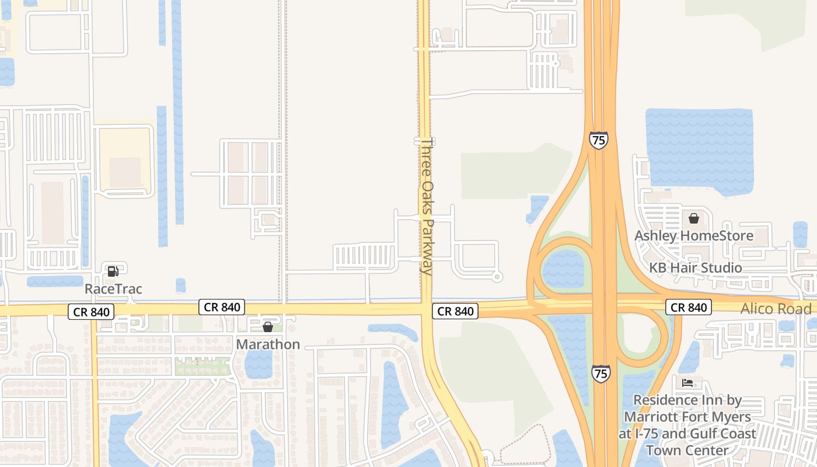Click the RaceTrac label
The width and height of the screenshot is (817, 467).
(x=113, y=289)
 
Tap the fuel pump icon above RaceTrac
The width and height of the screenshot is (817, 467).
(x=113, y=271)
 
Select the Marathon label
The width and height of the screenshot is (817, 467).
(x=268, y=344)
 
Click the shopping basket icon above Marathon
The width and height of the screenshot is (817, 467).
(x=268, y=327)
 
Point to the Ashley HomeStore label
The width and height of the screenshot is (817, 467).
(x=694, y=236)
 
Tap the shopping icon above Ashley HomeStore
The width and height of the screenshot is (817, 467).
(x=694, y=218)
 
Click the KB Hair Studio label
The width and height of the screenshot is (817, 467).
(x=696, y=268)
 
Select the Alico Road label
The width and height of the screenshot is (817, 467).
(x=776, y=309)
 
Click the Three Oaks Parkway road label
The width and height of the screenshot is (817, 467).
(x=427, y=206)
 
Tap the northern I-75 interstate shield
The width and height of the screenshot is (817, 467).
(x=599, y=140)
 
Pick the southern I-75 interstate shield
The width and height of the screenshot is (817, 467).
(x=601, y=373)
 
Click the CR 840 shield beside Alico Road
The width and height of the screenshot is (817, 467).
(x=689, y=308)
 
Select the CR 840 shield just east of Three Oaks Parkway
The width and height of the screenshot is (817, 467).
(x=455, y=311)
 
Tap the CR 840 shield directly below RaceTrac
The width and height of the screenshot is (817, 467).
(x=92, y=312)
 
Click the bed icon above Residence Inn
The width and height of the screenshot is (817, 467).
(x=687, y=383)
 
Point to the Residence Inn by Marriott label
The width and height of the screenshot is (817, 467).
(x=687, y=424)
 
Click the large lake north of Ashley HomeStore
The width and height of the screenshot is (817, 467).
(x=700, y=149)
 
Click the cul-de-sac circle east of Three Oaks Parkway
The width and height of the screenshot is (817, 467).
(x=497, y=276)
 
